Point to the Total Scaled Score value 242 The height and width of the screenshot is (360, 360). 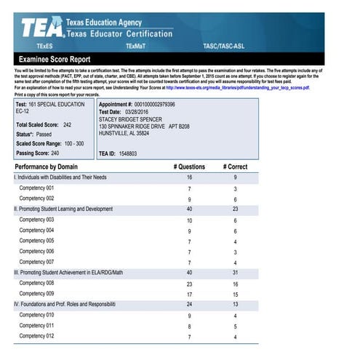(x=67, y=125)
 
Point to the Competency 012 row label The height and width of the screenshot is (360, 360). (x=36, y=337)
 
